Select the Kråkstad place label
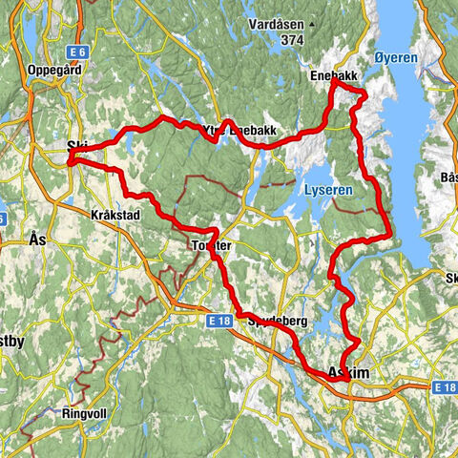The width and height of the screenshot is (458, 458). [115, 216]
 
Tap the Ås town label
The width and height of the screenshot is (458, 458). [38, 240]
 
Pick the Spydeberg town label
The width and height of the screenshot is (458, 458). [277, 323]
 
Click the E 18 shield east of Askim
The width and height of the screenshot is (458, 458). [445, 388]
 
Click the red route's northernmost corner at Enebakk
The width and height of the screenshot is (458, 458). [333, 85]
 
